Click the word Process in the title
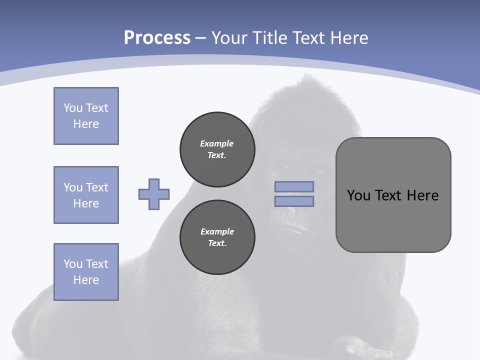point(157,38)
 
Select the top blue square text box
point(86,116)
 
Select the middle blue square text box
point(86,195)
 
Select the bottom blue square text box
point(86,272)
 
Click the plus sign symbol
point(154,194)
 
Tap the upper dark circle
point(217,149)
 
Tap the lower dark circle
point(217,237)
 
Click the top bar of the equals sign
point(294,187)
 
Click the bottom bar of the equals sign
point(294,201)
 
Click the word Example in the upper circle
point(217,143)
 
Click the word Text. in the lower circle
point(217,243)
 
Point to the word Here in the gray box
point(422,195)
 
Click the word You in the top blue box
point(72,108)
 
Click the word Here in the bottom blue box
point(86,280)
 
